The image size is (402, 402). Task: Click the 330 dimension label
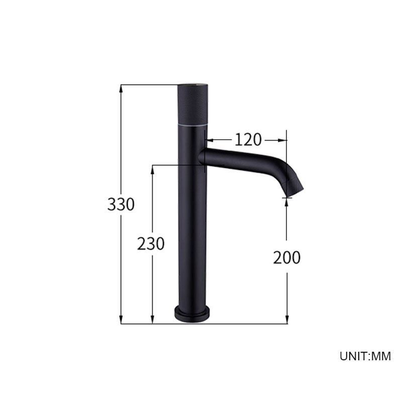121,205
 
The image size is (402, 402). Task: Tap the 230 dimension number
151,244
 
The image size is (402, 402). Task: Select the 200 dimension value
286,257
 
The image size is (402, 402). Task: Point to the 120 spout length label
248,140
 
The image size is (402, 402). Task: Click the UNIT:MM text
365,356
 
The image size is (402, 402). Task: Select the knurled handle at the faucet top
192,105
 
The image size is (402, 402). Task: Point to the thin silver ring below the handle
192,125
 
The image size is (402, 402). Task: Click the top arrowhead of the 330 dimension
121,89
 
